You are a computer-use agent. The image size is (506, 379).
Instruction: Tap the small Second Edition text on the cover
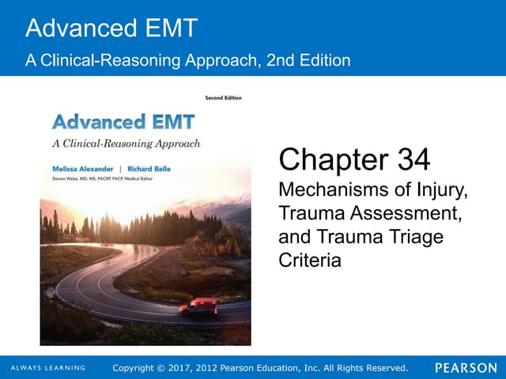click(225, 98)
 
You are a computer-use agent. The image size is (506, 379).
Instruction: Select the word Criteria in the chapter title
click(310, 260)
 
